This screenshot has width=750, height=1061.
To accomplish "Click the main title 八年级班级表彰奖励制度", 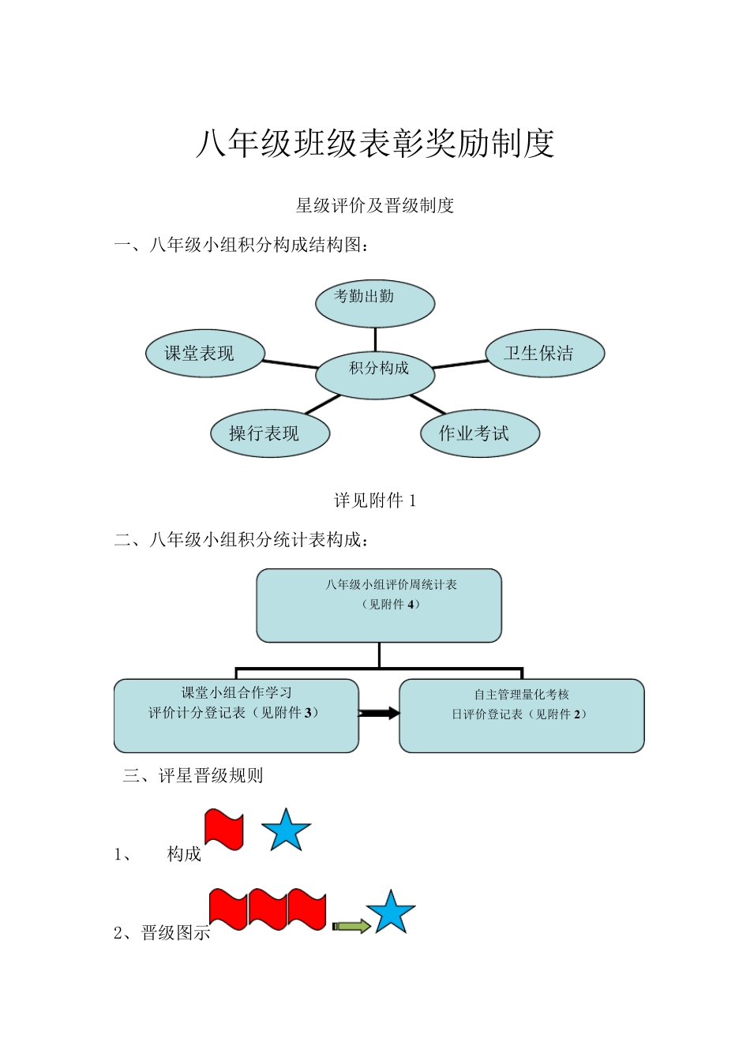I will tap(375, 144).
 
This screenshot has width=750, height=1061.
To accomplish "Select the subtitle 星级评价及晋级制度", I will tap(375, 206).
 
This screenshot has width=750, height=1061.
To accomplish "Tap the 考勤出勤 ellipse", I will tap(375, 303).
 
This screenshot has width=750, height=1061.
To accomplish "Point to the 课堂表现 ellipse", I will tap(205, 353).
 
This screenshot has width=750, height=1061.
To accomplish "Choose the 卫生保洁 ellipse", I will tap(545, 353).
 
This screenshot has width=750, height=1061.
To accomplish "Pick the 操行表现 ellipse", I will tap(269, 433).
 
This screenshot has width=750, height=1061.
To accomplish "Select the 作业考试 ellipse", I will tap(479, 433).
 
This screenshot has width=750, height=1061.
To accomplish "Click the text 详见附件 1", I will tap(375, 501).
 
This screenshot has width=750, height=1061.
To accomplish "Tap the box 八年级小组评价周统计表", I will tap(379, 605).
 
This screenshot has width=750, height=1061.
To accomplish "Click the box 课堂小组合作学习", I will tap(236, 715).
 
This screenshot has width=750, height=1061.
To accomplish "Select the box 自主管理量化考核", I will tap(521, 715).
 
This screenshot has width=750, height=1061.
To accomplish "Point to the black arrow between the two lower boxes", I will tap(380, 714).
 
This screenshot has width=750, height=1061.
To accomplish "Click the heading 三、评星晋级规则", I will tap(193, 776).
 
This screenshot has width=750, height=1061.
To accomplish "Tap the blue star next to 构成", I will tap(286, 830).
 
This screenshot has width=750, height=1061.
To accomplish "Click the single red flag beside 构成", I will tap(224, 829).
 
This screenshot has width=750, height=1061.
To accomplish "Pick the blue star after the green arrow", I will tap(391, 913).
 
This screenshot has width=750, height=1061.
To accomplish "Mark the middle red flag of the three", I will tap(268, 909).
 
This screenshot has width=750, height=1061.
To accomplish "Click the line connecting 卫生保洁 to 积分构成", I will tap(460, 364).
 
